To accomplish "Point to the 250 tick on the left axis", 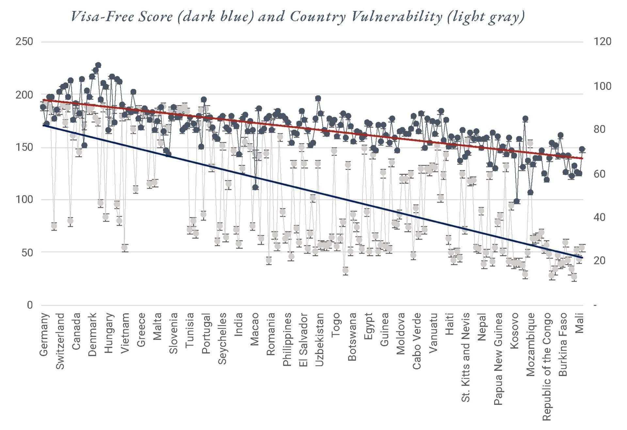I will pos(24,42).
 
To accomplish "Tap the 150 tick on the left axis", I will pos(24,147).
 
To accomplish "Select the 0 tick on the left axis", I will pos(30,305).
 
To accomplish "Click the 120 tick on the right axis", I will pos(603,42).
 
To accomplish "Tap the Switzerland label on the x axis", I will pos(60,341).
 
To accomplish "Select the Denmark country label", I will pos(92,335).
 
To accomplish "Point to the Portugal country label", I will pos(206,334).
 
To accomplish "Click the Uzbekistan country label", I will pos(320,339).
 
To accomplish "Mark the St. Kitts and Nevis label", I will pos(466,357).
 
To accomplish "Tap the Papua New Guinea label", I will pos(498,359).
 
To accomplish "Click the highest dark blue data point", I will pos(98,65).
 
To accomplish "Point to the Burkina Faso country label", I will pos(563,345).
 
